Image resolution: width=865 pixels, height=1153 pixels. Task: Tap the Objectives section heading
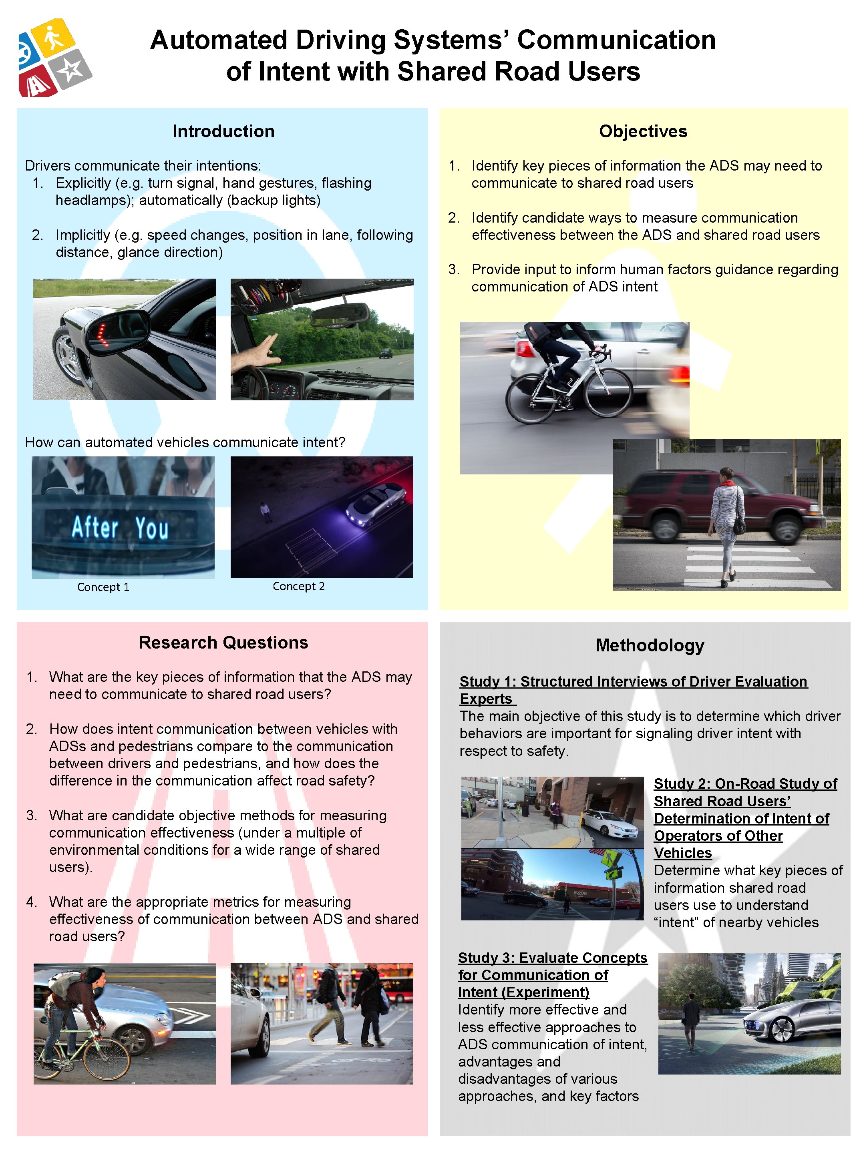[642, 131]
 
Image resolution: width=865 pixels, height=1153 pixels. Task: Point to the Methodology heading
[650, 645]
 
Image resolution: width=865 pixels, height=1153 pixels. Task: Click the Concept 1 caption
[103, 587]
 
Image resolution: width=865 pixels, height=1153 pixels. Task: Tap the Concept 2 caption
[298, 586]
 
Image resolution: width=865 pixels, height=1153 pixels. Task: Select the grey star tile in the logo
[72, 68]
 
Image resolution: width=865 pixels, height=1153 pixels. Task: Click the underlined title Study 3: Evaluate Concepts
[552, 958]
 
